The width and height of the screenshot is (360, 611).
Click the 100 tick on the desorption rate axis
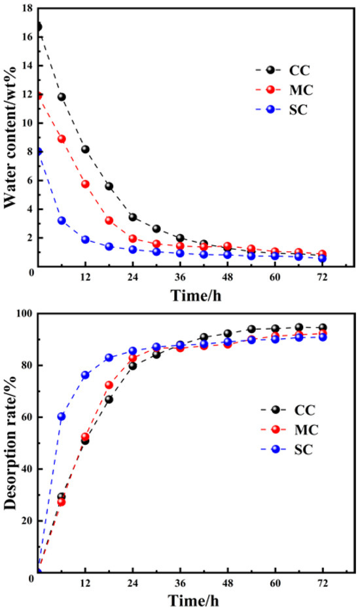click(x=24, y=314)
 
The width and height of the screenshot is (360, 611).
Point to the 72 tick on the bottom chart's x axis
click(x=322, y=584)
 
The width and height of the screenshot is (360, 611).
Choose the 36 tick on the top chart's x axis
click(x=180, y=277)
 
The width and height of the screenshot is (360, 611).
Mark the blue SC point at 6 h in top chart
click(x=62, y=220)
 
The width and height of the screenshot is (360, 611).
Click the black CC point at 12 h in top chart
click(x=85, y=149)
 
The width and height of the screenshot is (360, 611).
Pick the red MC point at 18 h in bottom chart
click(x=109, y=385)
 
